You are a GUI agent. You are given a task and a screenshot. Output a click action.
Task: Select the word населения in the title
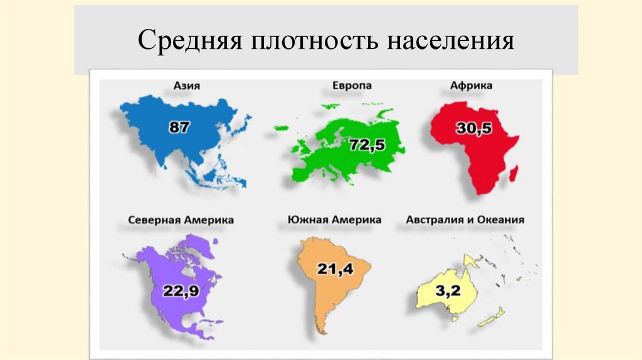pos(450,41)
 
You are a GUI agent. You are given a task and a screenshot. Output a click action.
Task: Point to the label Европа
pos(351,85)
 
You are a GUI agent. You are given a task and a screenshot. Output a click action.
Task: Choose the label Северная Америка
pos(181,220)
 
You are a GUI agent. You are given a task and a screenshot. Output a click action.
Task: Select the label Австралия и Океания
pos(465,220)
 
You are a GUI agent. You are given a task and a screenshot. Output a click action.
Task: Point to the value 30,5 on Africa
pos(473,129)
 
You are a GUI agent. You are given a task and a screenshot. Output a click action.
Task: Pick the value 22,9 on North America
pos(181,291)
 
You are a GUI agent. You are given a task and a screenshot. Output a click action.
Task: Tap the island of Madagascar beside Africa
pos(513,173)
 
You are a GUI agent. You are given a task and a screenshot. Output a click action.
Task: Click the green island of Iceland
pos(280,128)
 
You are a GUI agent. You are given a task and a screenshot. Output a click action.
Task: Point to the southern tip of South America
pos(322,330)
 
